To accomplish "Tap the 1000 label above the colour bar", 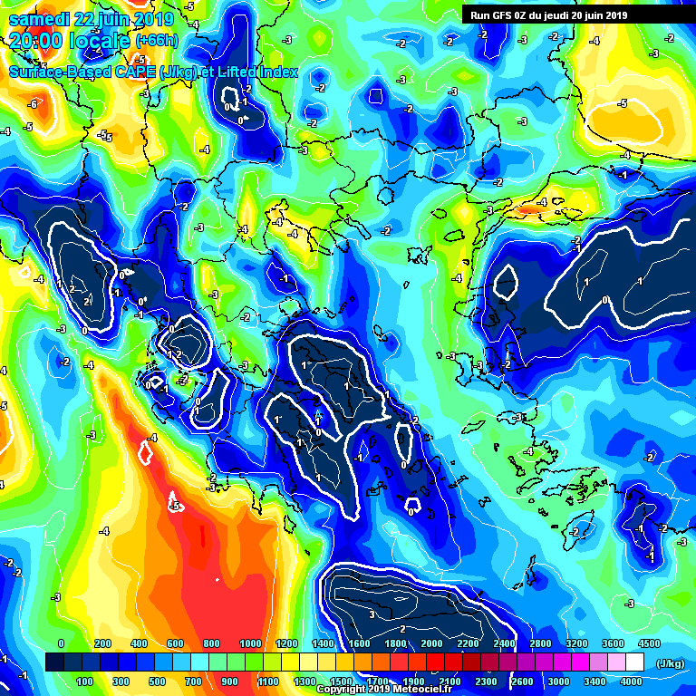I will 249,643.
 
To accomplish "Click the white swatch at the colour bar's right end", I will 640,662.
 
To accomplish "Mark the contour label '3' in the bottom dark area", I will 372,614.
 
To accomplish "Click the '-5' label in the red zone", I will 175,506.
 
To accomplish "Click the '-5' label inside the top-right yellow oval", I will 622,103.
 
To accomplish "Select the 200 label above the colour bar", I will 101,643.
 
